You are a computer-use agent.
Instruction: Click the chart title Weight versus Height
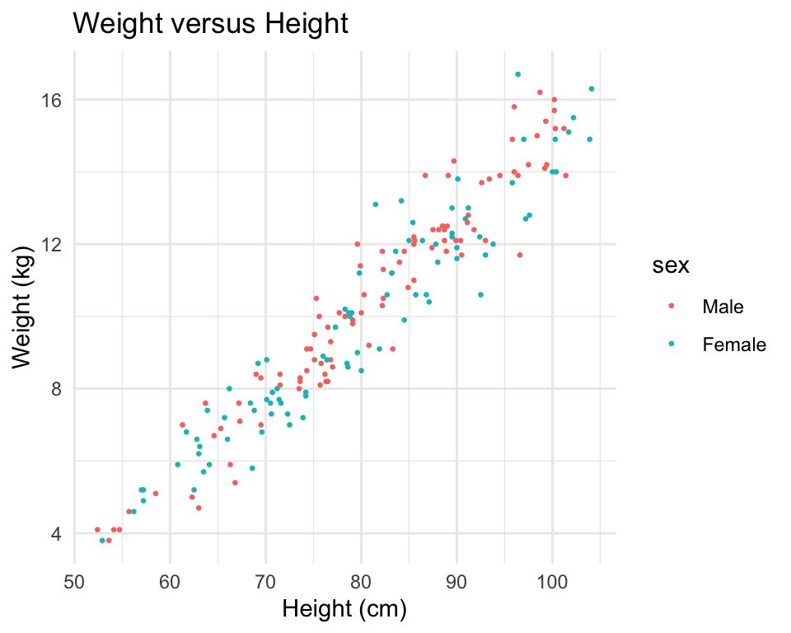211,24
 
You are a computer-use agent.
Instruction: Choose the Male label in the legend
723,307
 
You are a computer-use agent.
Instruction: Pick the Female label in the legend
734,345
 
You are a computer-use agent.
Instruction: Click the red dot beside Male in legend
670,307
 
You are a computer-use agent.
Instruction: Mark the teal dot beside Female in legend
670,345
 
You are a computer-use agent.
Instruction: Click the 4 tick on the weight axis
55,533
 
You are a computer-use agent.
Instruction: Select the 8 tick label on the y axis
55,388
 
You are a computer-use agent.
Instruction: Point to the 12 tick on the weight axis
51,244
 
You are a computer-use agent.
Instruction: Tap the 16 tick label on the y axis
51,100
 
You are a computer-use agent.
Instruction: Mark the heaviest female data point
517,74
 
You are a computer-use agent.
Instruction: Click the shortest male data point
97,529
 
